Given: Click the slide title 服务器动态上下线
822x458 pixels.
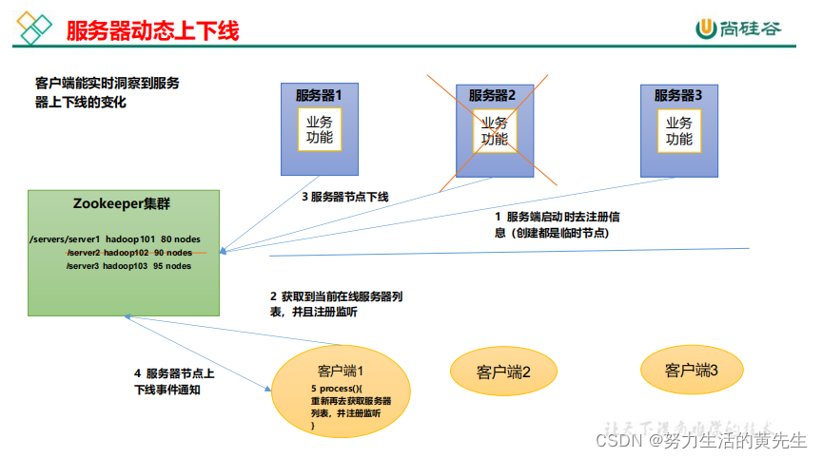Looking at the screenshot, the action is pyautogui.click(x=152, y=30).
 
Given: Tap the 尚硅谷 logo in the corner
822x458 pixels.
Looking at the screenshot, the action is pyautogui.click(x=738, y=29).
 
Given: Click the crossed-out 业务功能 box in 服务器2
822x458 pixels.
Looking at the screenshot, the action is pyautogui.click(x=494, y=130).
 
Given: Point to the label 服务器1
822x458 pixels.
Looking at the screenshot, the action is pyautogui.click(x=319, y=95).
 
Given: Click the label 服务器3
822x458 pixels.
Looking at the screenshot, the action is pyautogui.click(x=678, y=95).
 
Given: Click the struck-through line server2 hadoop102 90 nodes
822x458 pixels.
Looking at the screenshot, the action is pyautogui.click(x=128, y=252).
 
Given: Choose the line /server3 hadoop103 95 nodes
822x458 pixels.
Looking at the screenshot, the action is pyautogui.click(x=128, y=266).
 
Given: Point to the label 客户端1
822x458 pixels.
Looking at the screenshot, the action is pyautogui.click(x=342, y=371).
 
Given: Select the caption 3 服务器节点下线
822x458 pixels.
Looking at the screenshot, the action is pyautogui.click(x=345, y=197).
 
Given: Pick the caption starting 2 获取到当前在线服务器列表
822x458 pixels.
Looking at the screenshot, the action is pyautogui.click(x=335, y=304).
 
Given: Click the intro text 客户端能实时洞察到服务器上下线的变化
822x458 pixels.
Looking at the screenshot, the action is pyautogui.click(x=107, y=92).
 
